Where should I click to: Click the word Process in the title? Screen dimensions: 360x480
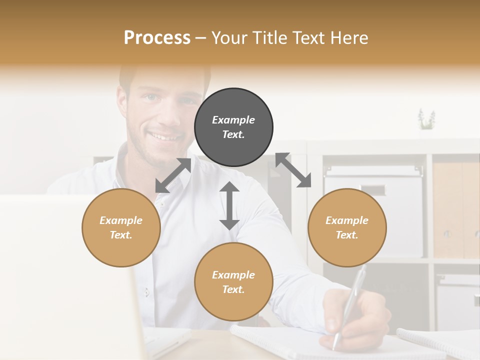point(157,38)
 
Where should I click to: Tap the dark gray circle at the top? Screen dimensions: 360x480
point(233,127)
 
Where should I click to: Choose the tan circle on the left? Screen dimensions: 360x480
point(121,227)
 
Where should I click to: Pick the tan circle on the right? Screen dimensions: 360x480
point(347,227)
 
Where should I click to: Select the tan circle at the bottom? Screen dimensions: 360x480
point(233,281)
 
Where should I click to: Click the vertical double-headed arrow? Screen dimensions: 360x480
point(229,206)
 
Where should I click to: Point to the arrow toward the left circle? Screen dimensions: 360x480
point(173,175)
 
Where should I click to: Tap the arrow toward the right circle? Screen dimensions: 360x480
point(293,170)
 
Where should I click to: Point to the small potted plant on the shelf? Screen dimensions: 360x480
point(426,120)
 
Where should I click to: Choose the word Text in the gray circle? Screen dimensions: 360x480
point(233,134)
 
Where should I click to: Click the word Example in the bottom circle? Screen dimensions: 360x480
point(233,274)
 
